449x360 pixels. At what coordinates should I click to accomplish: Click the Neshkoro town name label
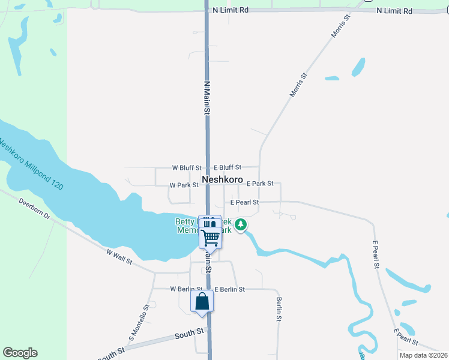(222, 179)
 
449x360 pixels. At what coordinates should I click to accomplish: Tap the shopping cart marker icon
(210, 237)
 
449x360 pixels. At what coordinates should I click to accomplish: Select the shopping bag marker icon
(202, 301)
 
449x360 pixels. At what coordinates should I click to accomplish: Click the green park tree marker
(241, 225)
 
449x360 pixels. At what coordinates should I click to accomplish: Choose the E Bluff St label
(227, 167)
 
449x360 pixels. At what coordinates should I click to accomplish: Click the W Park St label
(184, 185)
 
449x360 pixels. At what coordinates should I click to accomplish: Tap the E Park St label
(260, 184)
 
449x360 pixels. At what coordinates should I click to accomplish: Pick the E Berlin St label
(229, 289)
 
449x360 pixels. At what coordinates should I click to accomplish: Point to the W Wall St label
(119, 258)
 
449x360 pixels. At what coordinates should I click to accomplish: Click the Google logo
(20, 353)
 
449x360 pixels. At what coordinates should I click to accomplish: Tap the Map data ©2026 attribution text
(423, 355)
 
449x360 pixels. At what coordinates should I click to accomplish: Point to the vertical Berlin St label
(279, 309)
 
